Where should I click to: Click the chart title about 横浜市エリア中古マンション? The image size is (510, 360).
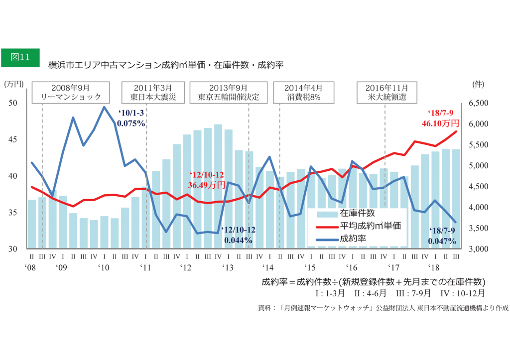click(x=165, y=65)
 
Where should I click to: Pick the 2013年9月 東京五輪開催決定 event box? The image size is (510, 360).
click(x=228, y=92)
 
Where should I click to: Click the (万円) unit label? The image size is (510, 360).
click(x=13, y=84)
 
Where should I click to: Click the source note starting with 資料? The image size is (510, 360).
click(x=383, y=308)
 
